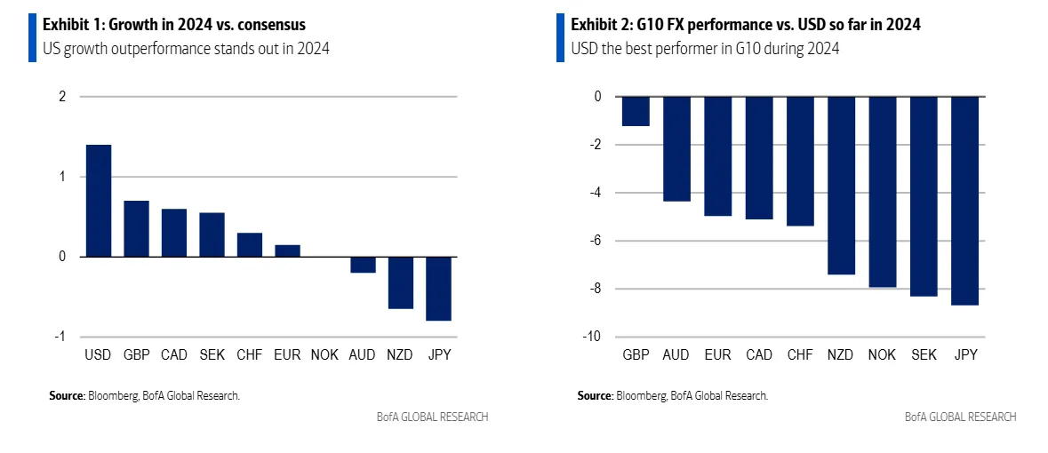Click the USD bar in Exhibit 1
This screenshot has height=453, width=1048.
pyautogui.click(x=98, y=201)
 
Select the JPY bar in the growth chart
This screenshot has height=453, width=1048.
pyautogui.click(x=438, y=288)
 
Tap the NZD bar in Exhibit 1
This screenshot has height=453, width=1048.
pyautogui.click(x=400, y=282)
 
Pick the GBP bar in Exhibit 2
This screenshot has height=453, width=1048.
pyautogui.click(x=636, y=111)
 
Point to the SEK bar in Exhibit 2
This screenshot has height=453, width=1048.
pyautogui.click(x=924, y=196)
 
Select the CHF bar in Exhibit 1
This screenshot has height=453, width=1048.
pyautogui.click(x=249, y=245)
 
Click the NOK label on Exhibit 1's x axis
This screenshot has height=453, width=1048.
pyautogui.click(x=325, y=355)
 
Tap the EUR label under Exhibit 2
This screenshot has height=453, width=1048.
pyautogui.click(x=717, y=355)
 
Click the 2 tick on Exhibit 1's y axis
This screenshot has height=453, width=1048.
pyautogui.click(x=62, y=97)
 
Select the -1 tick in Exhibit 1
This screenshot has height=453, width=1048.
pyautogui.click(x=60, y=337)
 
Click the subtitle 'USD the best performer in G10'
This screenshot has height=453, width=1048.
pyautogui.click(x=706, y=49)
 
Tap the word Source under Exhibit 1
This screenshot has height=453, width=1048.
pyautogui.click(x=67, y=395)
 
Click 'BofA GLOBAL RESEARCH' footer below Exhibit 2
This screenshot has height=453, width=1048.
pyautogui.click(x=961, y=417)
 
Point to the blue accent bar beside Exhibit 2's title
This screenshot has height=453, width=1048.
pyautogui.click(x=561, y=37)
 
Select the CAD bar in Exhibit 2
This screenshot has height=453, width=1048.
pyautogui.click(x=759, y=158)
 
